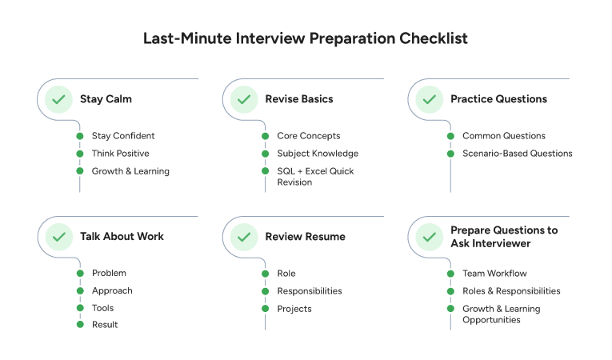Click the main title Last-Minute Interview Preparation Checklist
pyautogui.click(x=306, y=38)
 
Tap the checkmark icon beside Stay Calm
pyautogui.click(x=58, y=100)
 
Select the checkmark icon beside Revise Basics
pyautogui.click(x=243, y=100)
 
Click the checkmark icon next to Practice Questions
pyautogui.click(x=429, y=100)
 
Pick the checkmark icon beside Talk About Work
pyautogui.click(x=58, y=237)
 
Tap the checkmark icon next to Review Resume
pyautogui.click(x=243, y=237)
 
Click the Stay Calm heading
pyautogui.click(x=106, y=100)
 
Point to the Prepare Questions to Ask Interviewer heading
pyautogui.click(x=504, y=236)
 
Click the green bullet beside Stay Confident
pyautogui.click(x=80, y=136)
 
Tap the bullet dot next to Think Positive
pyautogui.click(x=80, y=154)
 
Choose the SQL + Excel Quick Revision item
pyautogui.click(x=315, y=176)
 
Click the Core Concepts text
pyautogui.click(x=308, y=136)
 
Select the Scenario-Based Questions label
pyautogui.click(x=517, y=154)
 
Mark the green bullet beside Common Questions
pyautogui.click(x=450, y=136)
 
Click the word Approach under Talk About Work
pyautogui.click(x=112, y=291)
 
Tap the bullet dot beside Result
pyautogui.click(x=80, y=324)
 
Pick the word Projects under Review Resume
pyautogui.click(x=294, y=309)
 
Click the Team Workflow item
pyautogui.click(x=494, y=274)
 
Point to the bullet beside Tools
pyautogui.click(x=80, y=308)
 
